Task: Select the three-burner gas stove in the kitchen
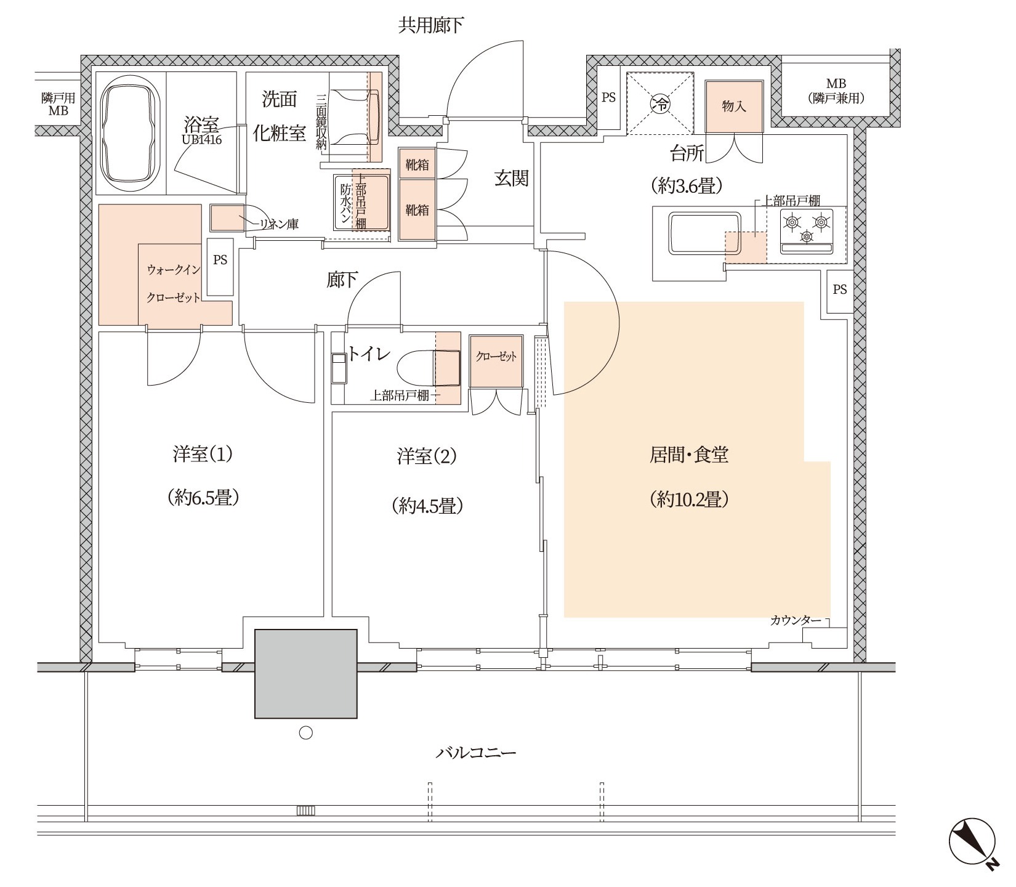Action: click(x=807, y=232)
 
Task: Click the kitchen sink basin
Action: click(x=704, y=233)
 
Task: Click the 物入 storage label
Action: click(x=734, y=106)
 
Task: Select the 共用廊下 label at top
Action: click(x=431, y=25)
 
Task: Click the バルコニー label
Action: click(x=475, y=753)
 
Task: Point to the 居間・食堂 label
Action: click(x=690, y=456)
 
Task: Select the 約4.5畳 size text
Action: click(x=427, y=506)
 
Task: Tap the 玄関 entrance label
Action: click(x=512, y=179)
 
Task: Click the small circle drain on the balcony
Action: click(x=305, y=733)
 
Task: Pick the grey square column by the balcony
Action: click(x=307, y=673)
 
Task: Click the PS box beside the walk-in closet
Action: click(x=220, y=267)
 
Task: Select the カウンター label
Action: click(x=795, y=621)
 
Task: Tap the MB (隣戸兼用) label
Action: click(x=836, y=91)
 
